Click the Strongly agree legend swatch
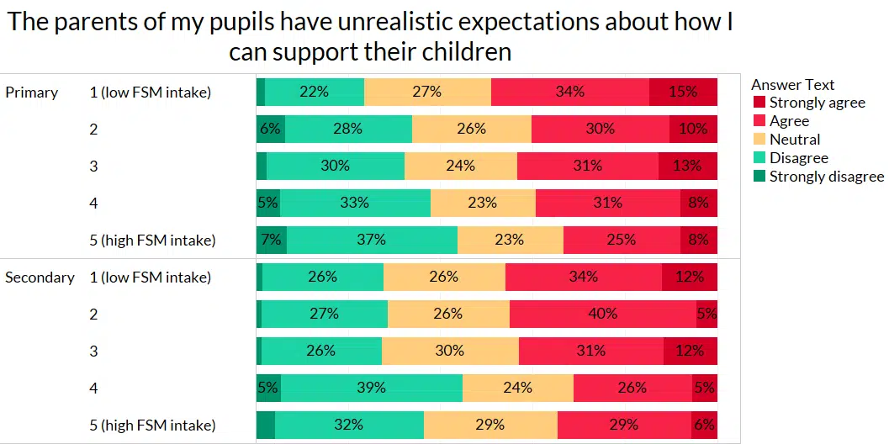(759, 103)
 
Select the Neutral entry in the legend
(795, 140)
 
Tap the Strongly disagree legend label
(826, 177)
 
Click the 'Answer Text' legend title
(792, 84)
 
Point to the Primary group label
(31, 92)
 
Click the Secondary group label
(40, 277)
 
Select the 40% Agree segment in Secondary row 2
(602, 314)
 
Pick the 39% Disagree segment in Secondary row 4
(371, 388)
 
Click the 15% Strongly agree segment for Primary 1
(683, 92)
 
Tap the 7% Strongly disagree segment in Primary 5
(271, 240)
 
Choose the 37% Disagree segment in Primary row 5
(371, 240)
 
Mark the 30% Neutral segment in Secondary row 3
(449, 351)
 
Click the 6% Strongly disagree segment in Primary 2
(270, 129)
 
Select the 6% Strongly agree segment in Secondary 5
(703, 425)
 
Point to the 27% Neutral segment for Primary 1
(427, 92)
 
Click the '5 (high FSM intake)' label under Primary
(152, 240)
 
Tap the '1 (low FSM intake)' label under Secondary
(150, 277)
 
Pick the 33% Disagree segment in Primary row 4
(355, 203)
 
